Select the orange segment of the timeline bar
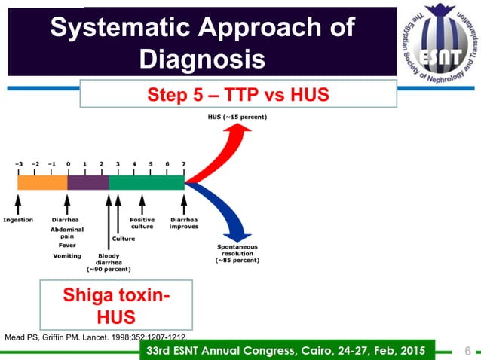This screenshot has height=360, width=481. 42,182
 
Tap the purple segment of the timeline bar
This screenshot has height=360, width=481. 88,182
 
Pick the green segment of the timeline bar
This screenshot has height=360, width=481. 146,182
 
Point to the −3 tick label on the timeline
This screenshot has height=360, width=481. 20,163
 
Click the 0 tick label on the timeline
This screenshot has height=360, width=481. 68,163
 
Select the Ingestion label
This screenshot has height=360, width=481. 18,220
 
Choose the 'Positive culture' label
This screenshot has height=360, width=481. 142,223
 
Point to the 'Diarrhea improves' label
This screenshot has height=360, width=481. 184,223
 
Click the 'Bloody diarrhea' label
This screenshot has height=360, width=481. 110,262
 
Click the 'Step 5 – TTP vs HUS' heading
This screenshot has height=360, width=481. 237,96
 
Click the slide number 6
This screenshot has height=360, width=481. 467,350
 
